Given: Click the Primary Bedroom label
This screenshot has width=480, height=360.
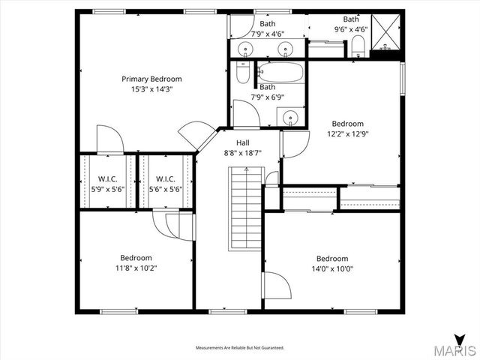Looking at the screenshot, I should coord(151,79).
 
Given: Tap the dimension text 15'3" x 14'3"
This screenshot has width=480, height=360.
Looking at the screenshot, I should coord(151,90).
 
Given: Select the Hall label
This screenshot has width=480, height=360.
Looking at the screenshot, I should coord(242,142).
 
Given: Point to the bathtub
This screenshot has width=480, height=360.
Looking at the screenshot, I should coord(280,73).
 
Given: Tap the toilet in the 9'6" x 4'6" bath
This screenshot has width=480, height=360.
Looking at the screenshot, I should coord(357,48).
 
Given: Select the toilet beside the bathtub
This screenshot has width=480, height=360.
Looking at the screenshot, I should coord(242,73).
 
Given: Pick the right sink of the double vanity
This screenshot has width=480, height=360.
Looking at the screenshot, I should coord(285,49).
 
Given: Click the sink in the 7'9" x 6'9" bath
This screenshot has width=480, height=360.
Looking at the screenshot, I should coord(289,118).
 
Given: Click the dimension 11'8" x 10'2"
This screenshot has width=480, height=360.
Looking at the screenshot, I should coord(136,268).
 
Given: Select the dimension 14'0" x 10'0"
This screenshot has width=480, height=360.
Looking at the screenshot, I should coord(332,268).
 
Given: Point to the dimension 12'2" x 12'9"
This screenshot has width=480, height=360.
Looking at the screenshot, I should coord(348,134).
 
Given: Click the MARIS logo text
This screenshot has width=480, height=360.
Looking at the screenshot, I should coord(454,350).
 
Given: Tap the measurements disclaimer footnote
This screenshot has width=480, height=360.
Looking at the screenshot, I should coord(240,348).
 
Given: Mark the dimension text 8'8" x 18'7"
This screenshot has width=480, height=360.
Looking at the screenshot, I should coord(242,153).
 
